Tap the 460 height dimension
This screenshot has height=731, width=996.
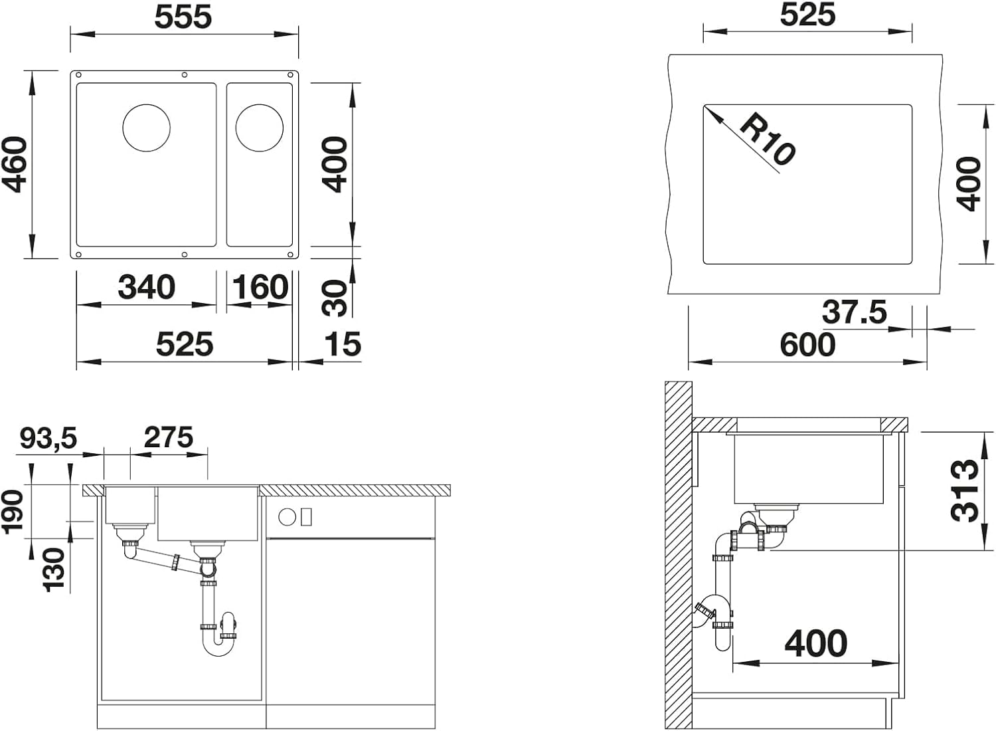[15, 165]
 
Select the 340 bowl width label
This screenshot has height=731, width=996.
[146, 288]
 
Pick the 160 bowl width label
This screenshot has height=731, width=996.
[260, 288]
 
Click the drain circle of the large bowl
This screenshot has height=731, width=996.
[146, 128]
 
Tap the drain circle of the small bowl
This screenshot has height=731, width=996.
[259, 128]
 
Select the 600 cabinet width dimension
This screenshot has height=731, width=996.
[807, 345]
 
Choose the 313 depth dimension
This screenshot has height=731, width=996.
[965, 490]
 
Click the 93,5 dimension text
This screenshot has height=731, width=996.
[48, 438]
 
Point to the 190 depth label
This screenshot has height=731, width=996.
[13, 511]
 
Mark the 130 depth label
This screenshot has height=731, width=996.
[54, 570]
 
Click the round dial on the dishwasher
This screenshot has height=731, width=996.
[288, 517]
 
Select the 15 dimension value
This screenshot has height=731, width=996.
[343, 344]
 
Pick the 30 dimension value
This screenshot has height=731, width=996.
[334, 298]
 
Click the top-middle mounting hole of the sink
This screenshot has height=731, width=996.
[185, 74]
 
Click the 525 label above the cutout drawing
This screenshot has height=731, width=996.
[807, 15]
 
